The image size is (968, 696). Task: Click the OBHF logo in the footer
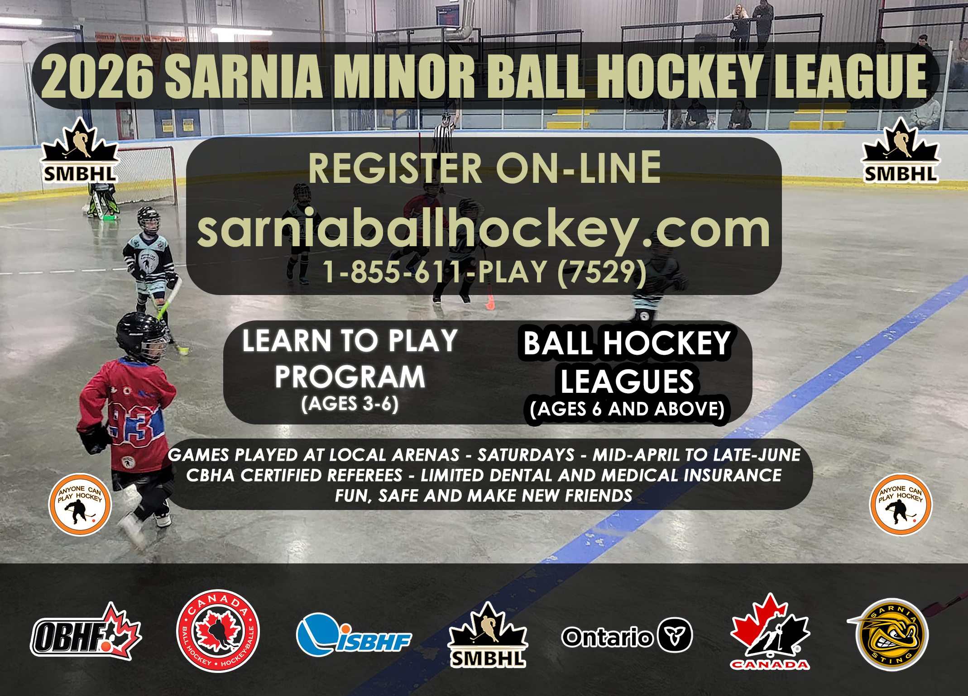[x=86, y=632]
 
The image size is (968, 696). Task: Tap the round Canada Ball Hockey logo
[x=218, y=631]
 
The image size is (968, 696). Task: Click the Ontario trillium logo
[x=627, y=635]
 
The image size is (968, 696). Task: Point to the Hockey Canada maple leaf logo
[x=770, y=631]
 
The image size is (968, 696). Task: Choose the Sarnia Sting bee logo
[x=889, y=634]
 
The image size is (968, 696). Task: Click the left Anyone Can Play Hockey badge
[x=80, y=504]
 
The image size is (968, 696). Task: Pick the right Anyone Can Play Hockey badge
[x=901, y=504]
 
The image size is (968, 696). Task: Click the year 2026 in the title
[x=97, y=76]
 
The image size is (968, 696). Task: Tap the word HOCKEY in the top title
[x=682, y=76]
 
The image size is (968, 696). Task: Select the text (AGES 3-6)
[x=350, y=404]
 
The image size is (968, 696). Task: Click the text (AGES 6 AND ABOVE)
[x=627, y=409]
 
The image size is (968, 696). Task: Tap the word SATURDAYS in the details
[x=526, y=455]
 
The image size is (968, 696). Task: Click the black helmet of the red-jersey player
[x=141, y=337]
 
